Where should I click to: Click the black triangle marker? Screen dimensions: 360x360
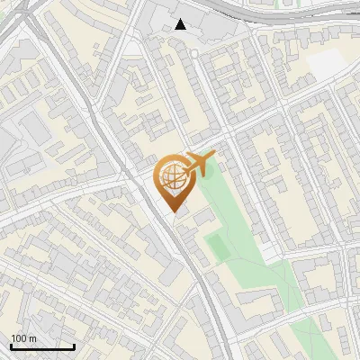click(181, 24)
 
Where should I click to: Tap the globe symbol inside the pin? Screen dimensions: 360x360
click(171, 175)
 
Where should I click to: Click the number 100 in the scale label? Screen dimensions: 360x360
click(18, 338)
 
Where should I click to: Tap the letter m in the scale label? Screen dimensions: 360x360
click(32, 338)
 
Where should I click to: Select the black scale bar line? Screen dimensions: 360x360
click(42, 346)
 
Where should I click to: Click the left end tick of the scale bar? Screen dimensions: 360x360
click(11, 345)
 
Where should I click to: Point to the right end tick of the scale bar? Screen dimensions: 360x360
click(74, 345)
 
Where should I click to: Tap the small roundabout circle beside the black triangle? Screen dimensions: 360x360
click(193, 53)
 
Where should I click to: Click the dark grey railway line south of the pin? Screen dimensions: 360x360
click(200, 279)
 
